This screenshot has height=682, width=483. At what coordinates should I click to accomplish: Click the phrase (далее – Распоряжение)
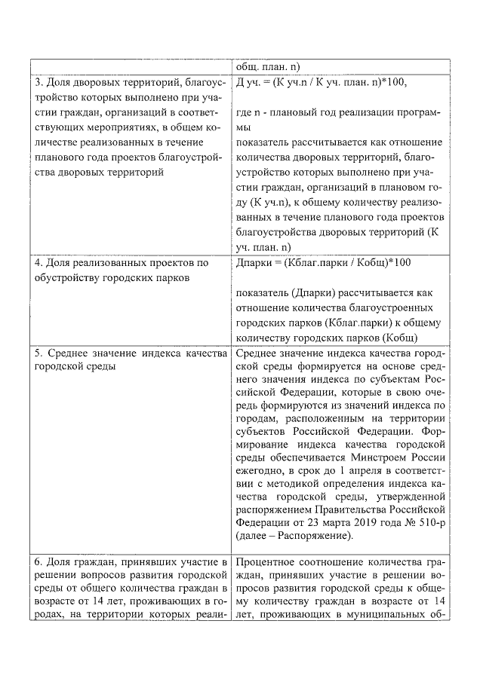pyautogui.click(x=294, y=536)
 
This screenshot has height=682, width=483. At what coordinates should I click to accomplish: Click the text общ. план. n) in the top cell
pyautogui.click(x=268, y=66)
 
